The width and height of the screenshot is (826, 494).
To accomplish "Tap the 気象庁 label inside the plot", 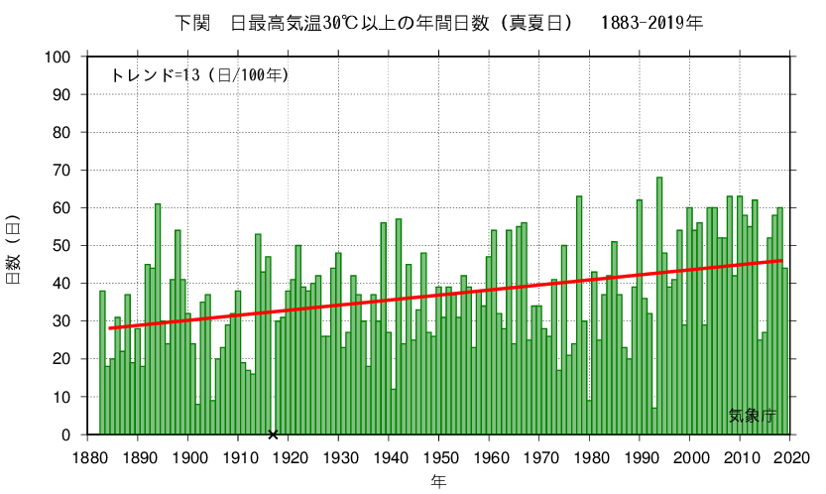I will (752, 417).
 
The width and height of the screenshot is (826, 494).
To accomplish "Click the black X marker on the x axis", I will (273, 434).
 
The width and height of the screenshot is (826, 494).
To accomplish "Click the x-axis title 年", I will (438, 481).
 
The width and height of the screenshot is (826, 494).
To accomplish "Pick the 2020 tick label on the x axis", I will (790, 457).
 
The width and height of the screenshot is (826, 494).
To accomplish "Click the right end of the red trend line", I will (783, 261).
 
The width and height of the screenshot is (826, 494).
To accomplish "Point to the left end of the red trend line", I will (109, 328).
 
